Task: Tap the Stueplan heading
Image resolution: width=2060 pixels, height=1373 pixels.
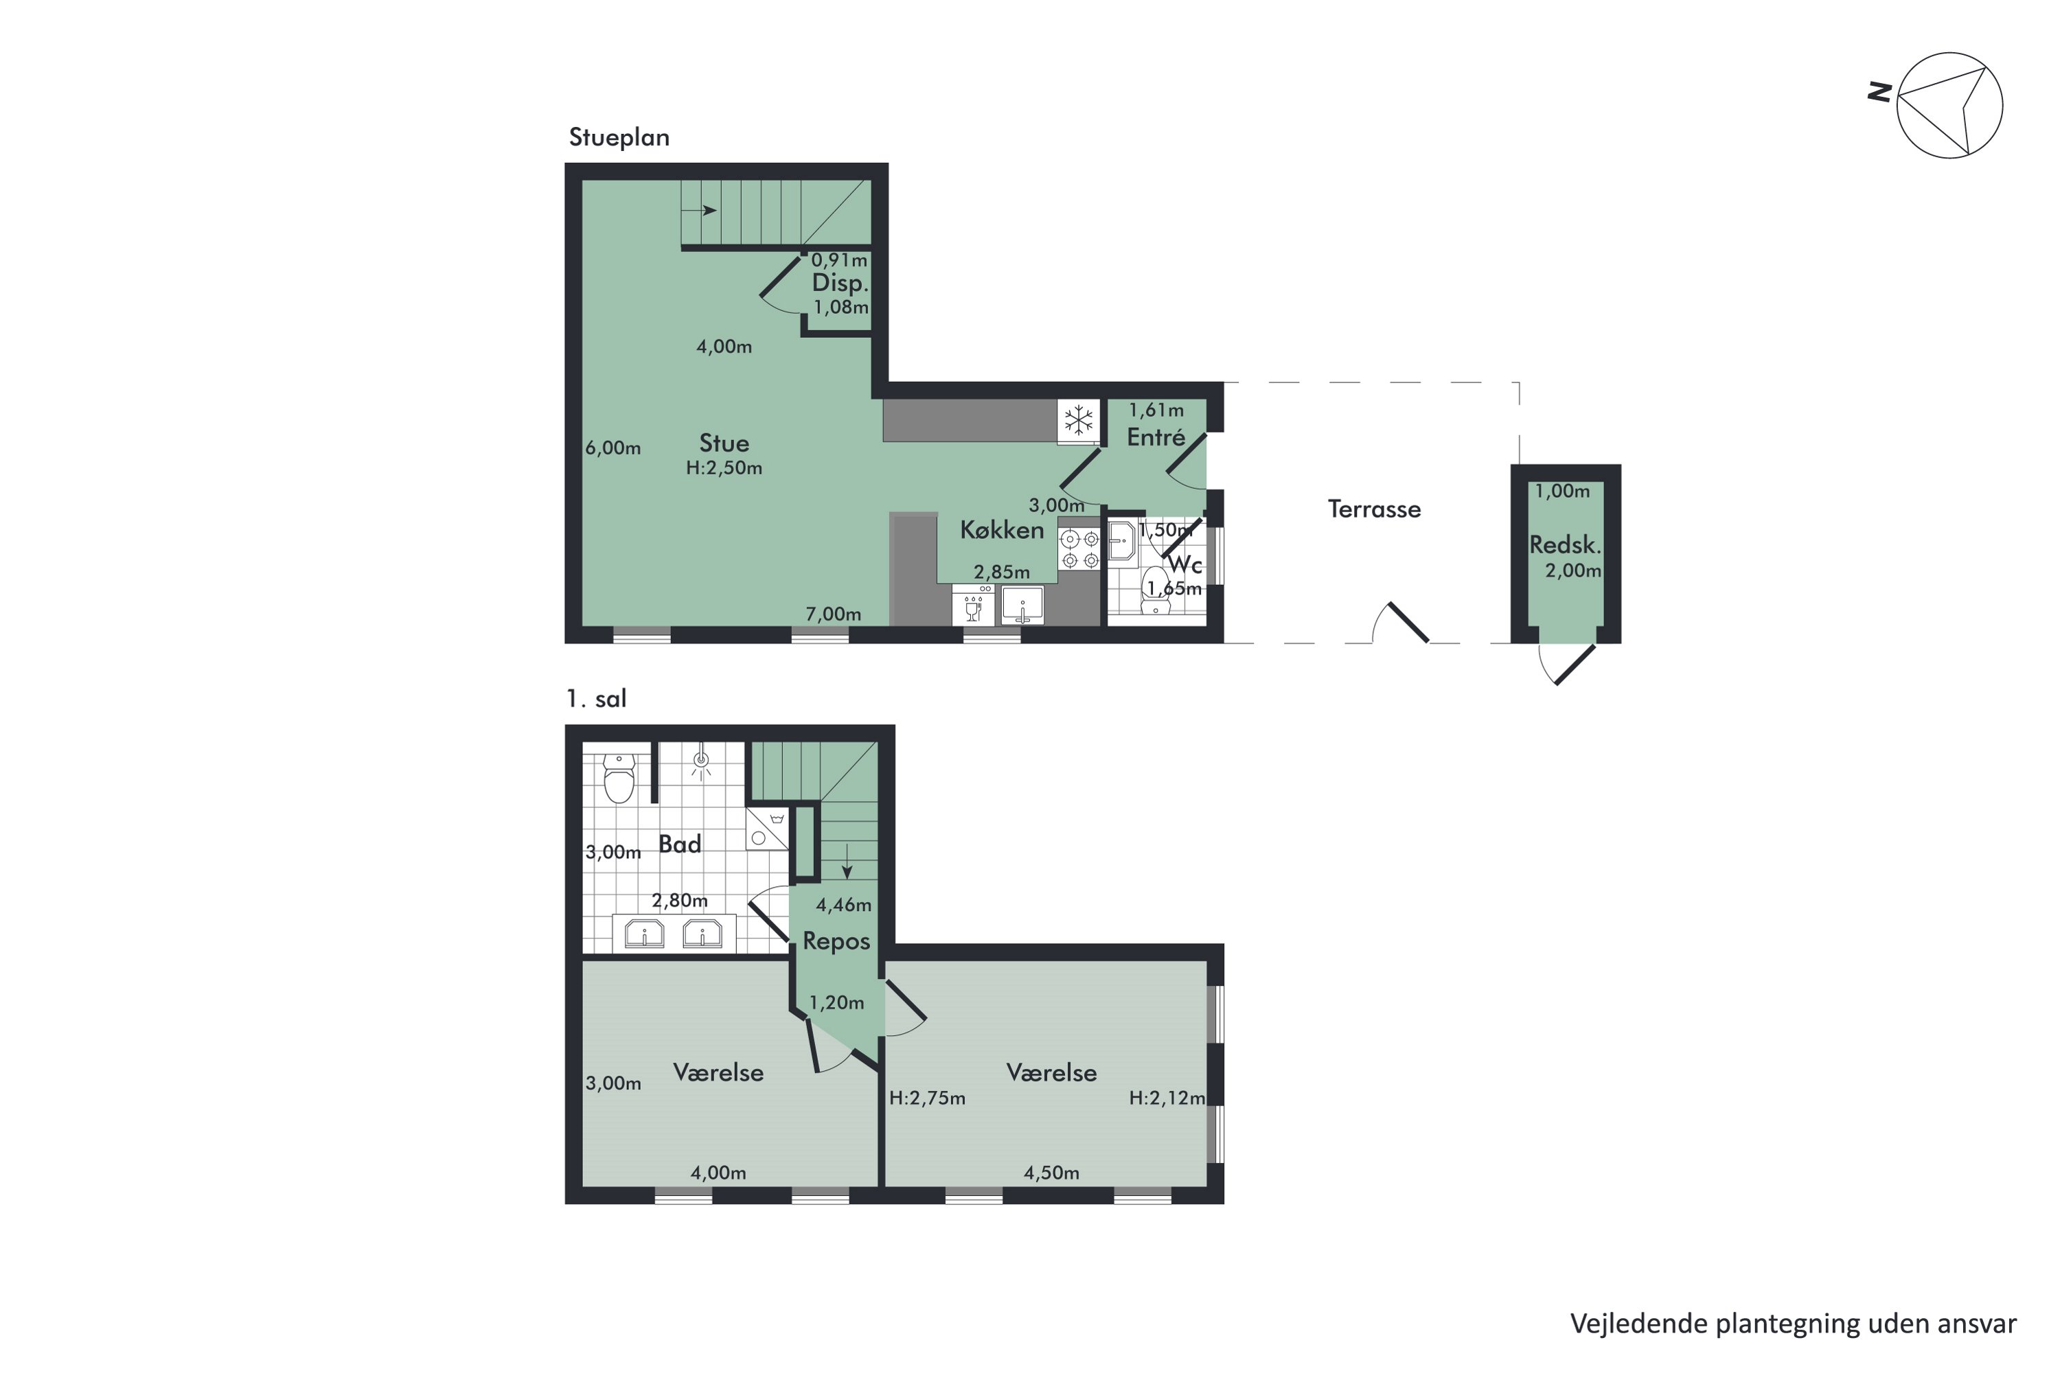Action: [x=619, y=137]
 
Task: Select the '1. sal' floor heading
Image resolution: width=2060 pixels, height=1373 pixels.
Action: [x=597, y=699]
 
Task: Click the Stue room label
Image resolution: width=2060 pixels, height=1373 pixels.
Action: [x=724, y=443]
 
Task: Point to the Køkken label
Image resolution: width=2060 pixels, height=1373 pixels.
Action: [x=1002, y=530]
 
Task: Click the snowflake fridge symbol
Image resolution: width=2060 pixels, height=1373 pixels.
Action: [x=1078, y=420]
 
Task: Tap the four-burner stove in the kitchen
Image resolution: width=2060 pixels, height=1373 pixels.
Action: [x=1079, y=549]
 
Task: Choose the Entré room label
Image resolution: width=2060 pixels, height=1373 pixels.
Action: [x=1155, y=437]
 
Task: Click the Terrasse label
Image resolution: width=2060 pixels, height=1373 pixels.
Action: [x=1373, y=509]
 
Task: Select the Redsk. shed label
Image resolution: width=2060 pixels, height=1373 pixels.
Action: [x=1564, y=544]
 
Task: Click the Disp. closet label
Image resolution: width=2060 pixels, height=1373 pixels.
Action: [x=839, y=283]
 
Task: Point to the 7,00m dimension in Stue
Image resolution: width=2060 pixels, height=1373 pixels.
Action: [x=833, y=614]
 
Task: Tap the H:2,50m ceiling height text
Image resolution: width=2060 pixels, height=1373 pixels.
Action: [x=724, y=468]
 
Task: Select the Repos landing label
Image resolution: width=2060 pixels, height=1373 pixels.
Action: [x=836, y=941]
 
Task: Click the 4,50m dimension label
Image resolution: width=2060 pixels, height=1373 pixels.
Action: [x=1051, y=1173]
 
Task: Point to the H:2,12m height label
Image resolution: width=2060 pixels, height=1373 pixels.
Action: [x=1167, y=1098]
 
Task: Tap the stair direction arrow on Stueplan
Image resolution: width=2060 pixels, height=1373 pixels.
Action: [x=700, y=210]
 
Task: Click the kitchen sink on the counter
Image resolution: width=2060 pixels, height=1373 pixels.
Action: [x=1022, y=604]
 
